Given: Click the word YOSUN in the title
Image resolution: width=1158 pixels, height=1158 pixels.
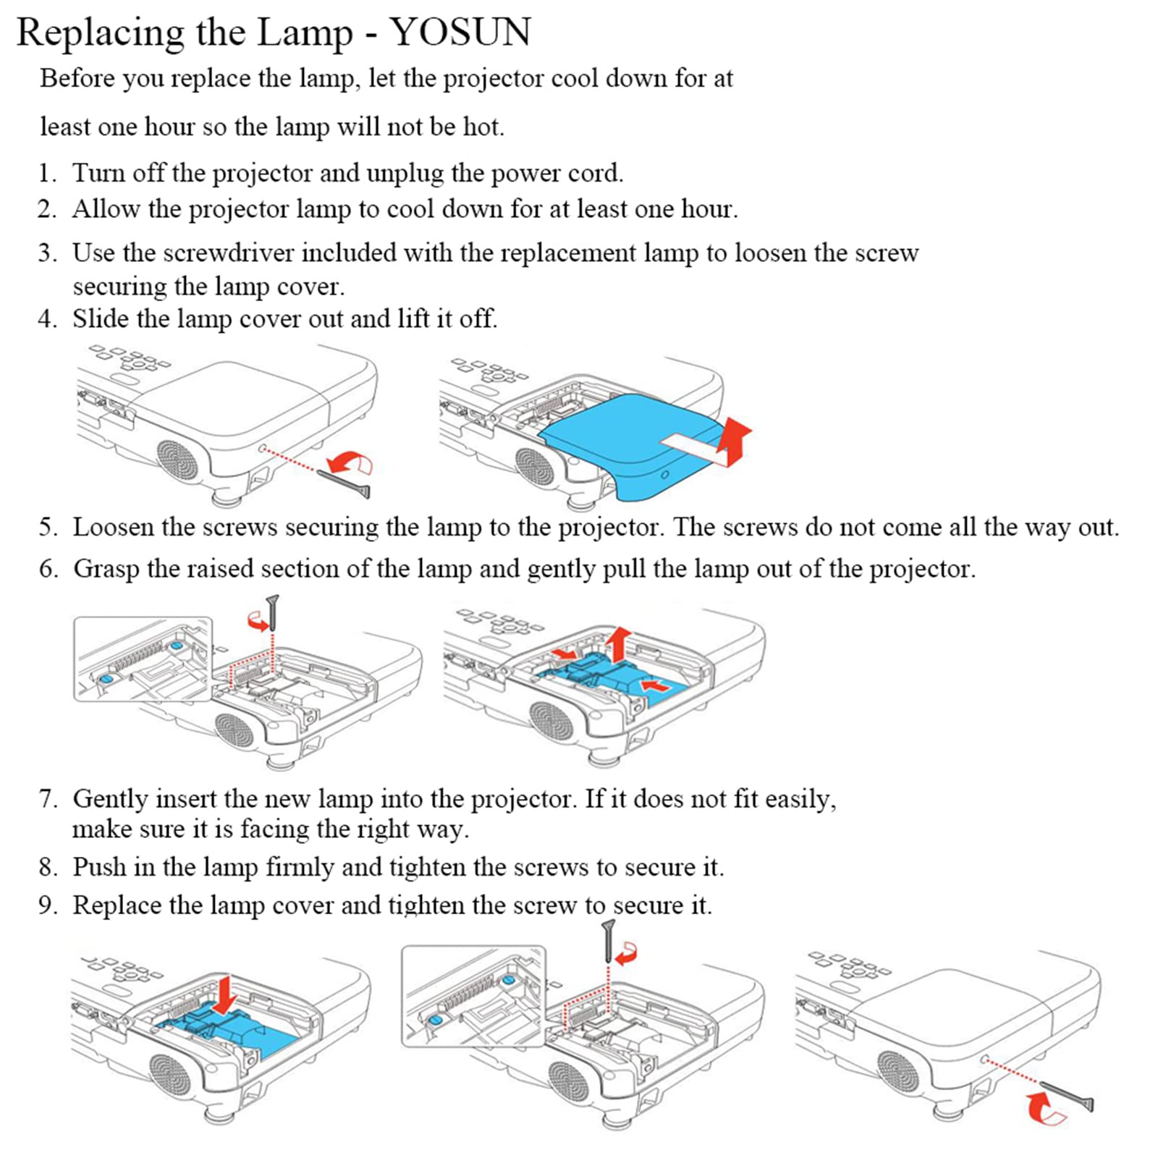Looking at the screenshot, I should point(460,33).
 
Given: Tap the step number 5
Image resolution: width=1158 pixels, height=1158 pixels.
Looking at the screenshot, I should point(48,527).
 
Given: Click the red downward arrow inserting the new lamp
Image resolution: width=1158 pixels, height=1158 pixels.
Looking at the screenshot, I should point(227,994).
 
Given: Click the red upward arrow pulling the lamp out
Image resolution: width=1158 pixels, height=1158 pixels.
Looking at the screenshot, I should point(617,643).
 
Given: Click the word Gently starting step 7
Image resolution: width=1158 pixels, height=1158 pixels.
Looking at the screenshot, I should point(110,799).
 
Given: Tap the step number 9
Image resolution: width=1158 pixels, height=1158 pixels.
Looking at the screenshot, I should point(47,905).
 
